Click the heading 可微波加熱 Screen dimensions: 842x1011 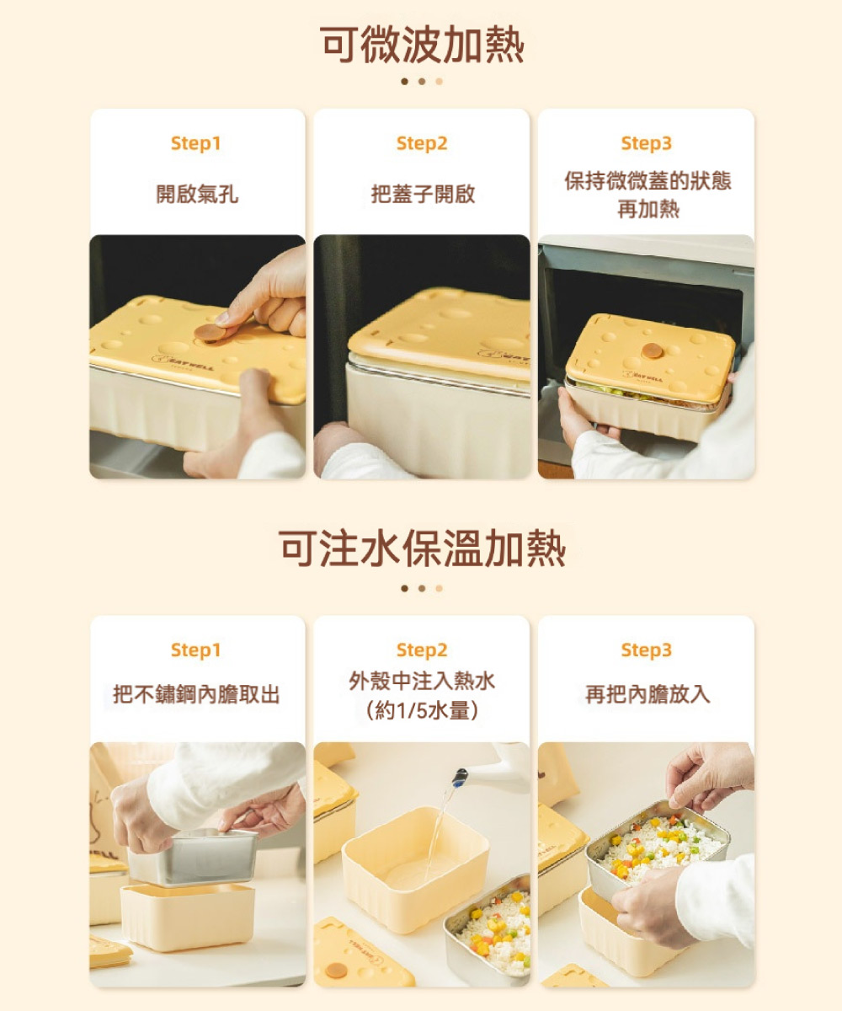coord(422,45)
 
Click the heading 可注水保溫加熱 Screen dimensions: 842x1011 coord(422,548)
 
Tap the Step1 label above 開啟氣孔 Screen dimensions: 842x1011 coord(196,143)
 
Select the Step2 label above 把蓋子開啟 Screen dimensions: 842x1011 coord(422,143)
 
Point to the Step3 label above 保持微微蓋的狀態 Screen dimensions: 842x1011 coord(647,143)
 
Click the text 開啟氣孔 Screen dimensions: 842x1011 coord(197,194)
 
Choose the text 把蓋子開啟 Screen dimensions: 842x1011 coord(423,194)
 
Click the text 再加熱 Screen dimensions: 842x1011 coord(648,209)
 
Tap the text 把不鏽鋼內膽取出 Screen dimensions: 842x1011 coord(196,694)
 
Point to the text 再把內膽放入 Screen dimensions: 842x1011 coord(647,694)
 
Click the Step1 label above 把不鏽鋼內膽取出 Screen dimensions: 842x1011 coord(196,650)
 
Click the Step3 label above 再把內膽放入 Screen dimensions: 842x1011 coord(647,650)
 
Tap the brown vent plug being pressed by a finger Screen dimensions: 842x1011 coord(210,332)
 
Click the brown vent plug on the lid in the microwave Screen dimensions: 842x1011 coord(653,350)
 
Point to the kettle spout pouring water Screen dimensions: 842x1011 coord(460,777)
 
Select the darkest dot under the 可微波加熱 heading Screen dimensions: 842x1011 coord(404,82)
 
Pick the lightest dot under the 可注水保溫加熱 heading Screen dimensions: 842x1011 coord(439,588)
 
